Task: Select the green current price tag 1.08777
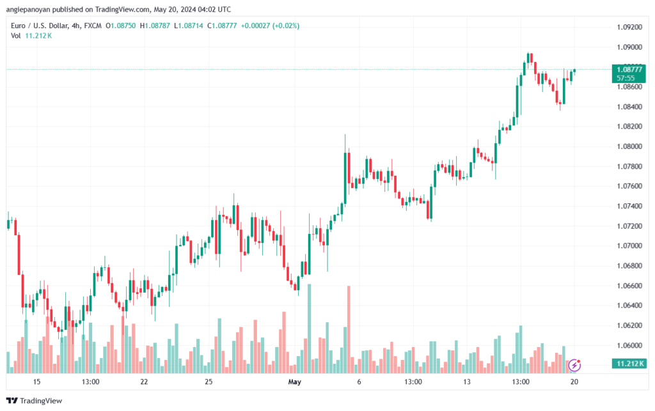(627, 69)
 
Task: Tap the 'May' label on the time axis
(295, 382)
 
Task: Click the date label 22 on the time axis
(144, 382)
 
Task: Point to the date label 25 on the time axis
(209, 382)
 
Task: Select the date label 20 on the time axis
(574, 382)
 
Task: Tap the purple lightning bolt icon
(574, 366)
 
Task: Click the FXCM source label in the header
(93, 26)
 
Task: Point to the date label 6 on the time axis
(359, 382)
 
